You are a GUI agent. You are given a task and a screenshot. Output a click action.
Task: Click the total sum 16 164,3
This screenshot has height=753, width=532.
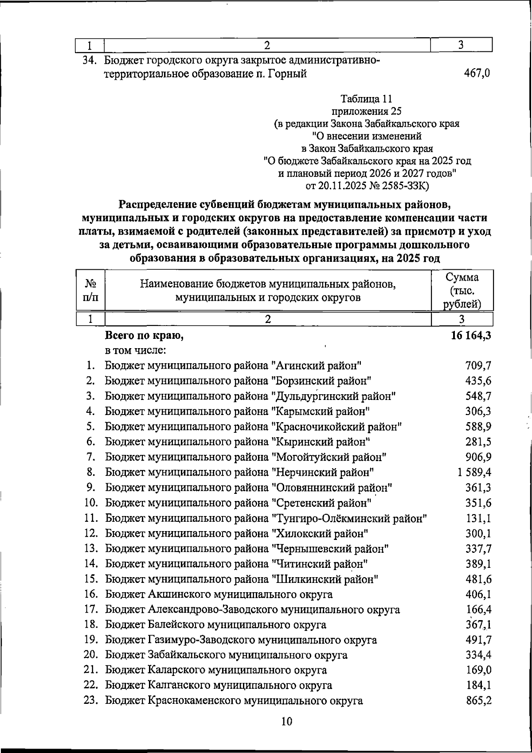tap(471, 336)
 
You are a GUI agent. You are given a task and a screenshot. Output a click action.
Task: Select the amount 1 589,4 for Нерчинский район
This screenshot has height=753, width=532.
tap(474, 472)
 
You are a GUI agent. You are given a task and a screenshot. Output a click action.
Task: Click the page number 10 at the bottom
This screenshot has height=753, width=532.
tap(287, 722)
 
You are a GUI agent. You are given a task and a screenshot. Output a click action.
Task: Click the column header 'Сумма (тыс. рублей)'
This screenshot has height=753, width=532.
tap(462, 291)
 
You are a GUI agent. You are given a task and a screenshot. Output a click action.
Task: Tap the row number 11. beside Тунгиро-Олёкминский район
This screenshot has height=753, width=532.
tap(90, 518)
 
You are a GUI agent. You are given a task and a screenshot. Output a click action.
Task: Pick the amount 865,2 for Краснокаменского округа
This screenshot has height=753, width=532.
tap(478, 701)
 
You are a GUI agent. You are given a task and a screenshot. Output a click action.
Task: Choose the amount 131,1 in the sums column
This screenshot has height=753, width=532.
tap(478, 518)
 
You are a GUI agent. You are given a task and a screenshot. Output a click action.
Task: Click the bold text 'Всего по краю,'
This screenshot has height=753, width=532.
tap(144, 336)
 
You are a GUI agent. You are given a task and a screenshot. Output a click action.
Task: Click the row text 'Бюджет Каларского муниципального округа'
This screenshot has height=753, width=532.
tap(216, 670)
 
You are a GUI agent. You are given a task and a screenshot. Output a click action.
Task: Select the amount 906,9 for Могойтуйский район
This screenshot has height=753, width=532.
tap(478, 457)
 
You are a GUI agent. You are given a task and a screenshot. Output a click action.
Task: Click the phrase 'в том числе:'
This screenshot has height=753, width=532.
tap(135, 351)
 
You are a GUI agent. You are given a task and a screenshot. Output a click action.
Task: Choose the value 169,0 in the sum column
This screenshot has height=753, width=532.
tap(478, 670)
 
